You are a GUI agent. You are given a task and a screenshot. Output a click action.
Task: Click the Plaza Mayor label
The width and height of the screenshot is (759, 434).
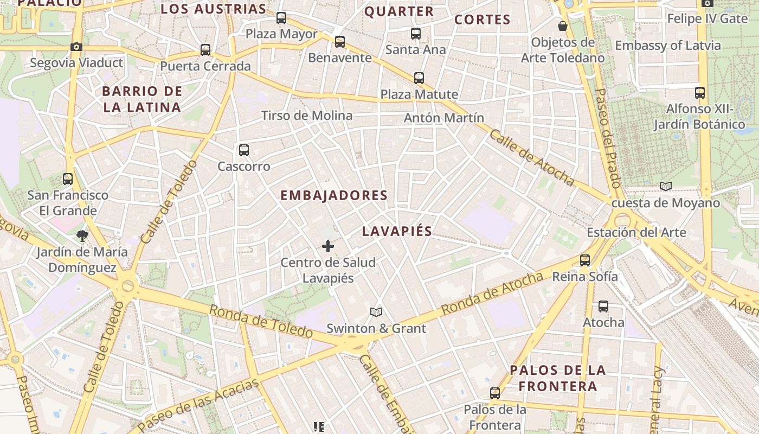point(281,34)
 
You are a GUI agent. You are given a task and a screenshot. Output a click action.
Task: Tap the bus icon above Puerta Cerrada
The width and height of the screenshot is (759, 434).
point(205,50)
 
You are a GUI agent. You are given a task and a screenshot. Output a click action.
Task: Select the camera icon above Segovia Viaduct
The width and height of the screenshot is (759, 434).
point(76,47)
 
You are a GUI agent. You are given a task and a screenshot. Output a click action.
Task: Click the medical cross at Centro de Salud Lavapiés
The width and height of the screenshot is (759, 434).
point(328,246)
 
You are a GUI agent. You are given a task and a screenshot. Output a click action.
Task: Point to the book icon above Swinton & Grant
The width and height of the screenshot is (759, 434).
point(376,312)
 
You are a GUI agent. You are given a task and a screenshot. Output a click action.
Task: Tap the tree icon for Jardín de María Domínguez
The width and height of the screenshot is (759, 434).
point(82,235)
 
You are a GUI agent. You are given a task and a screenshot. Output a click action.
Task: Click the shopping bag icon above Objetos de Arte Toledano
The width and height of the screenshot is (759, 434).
point(563,26)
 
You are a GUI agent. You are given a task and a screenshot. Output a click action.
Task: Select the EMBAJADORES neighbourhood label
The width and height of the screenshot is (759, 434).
point(334,196)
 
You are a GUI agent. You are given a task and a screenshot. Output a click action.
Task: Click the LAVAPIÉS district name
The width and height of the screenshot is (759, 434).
point(397,232)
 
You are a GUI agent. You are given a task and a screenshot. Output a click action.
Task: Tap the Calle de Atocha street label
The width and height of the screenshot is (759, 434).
point(531,157)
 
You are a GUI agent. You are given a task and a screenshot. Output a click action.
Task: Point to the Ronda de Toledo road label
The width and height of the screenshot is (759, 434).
point(261,321)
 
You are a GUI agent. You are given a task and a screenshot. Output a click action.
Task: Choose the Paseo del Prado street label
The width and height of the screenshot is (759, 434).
point(607,136)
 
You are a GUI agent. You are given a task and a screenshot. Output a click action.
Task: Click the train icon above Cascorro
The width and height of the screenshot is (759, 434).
point(244,150)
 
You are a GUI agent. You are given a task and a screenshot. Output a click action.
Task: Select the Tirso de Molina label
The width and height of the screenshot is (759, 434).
point(307,116)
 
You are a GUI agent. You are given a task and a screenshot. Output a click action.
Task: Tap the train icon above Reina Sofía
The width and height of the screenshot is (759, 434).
point(585,260)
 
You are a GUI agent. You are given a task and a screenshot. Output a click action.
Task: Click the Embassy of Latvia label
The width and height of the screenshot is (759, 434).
point(668,46)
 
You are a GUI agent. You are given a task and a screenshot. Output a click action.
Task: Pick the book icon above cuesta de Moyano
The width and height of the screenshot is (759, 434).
point(666,187)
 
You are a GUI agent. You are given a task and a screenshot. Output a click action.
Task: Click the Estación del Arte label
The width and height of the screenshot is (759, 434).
point(636,233)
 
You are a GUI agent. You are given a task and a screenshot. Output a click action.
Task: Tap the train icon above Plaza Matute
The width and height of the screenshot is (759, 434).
point(419,78)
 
